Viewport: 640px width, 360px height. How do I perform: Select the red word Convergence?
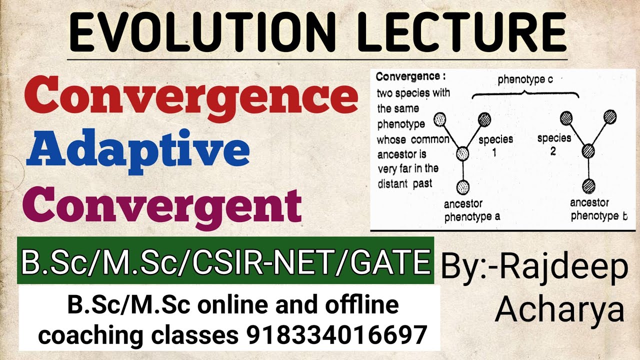coord(191,98)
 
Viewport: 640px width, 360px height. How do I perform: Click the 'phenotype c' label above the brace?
coord(524,79)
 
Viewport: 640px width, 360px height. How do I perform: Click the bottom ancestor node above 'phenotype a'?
coord(463,186)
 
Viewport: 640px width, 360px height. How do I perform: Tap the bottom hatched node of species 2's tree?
coord(588,186)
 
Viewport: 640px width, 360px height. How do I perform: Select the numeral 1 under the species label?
coord(494,153)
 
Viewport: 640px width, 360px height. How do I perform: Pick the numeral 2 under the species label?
coord(553,152)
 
